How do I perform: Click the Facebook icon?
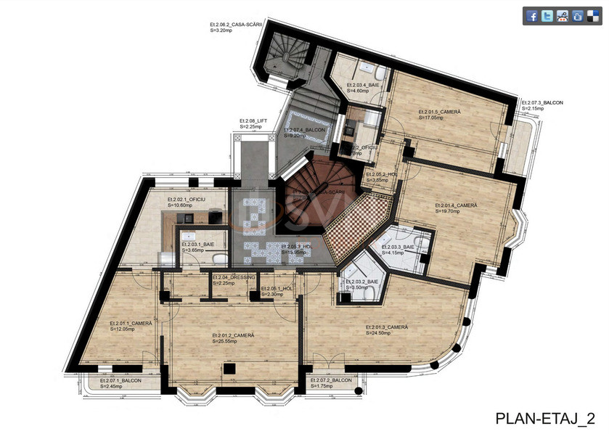(x=532, y=16)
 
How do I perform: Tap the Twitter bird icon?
(x=547, y=16)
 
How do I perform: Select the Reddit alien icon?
(x=563, y=16)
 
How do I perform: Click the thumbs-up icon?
(x=578, y=16)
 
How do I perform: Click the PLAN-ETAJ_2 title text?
(x=545, y=419)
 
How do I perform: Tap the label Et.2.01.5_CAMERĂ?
(x=439, y=112)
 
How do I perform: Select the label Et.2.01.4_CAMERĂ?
(x=456, y=205)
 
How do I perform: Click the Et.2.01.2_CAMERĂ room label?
(x=232, y=335)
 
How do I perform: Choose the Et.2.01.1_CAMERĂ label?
(x=130, y=323)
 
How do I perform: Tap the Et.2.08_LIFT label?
(x=253, y=120)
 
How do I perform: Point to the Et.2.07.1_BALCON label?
(x=121, y=380)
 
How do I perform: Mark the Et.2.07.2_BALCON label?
(x=331, y=380)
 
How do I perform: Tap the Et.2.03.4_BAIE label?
(x=364, y=85)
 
